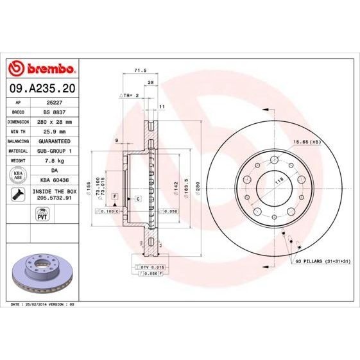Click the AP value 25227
[55, 102]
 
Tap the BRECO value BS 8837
[55, 112]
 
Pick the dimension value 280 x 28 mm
[55, 121]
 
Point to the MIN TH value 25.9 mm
[55, 131]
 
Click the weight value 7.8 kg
[55, 160]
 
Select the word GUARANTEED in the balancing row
[55, 141]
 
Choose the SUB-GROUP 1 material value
[55, 150]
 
